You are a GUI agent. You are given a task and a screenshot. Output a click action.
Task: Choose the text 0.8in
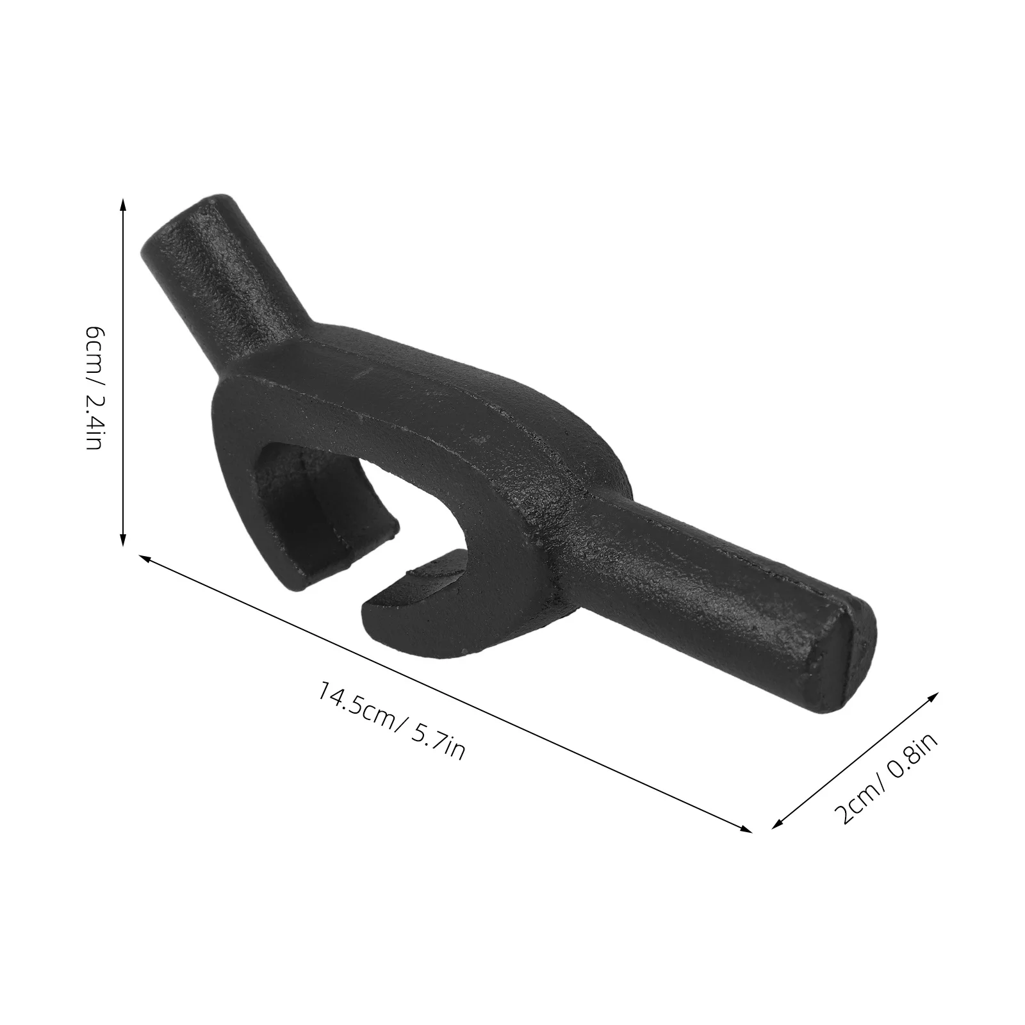click(x=914, y=755)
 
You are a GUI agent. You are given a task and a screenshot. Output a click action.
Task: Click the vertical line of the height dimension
click(x=123, y=372)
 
